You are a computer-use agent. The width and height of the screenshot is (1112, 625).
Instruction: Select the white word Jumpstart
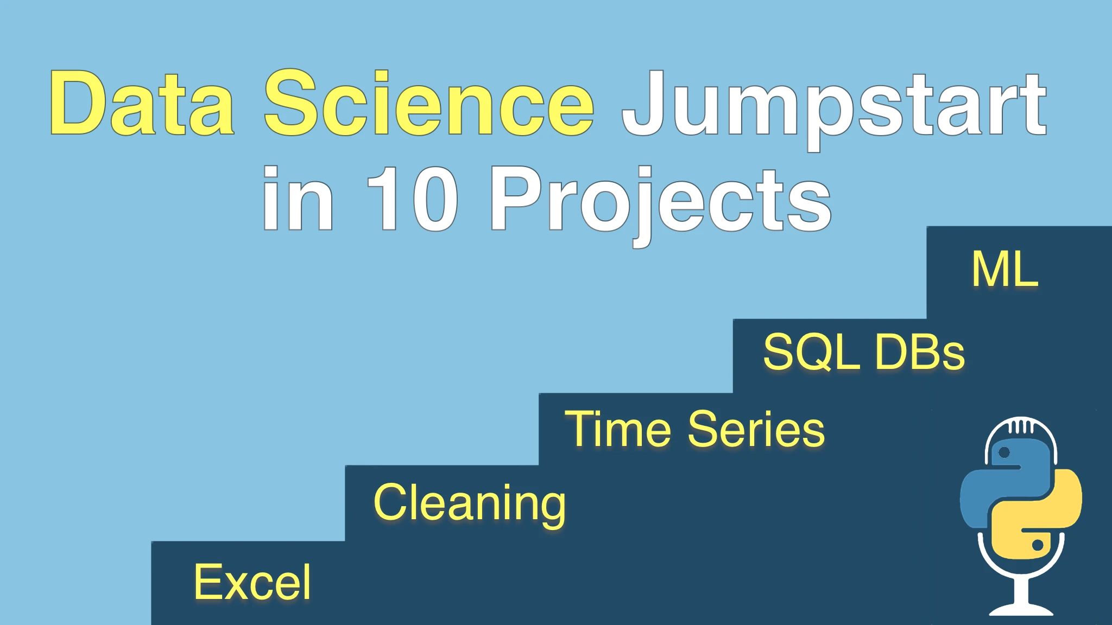click(835, 109)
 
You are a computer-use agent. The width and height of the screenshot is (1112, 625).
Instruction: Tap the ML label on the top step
click(1005, 269)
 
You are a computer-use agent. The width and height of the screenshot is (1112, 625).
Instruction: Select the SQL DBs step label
click(864, 352)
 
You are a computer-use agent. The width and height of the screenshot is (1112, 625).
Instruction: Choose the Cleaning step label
click(470, 504)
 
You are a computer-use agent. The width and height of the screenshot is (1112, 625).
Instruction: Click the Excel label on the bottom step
click(252, 582)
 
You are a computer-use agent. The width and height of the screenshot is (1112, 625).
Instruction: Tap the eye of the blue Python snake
click(1004, 452)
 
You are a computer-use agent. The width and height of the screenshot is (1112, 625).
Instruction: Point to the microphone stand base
click(1021, 608)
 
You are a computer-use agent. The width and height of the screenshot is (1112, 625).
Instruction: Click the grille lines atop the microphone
click(1021, 425)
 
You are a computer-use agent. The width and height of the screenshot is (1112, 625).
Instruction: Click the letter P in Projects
click(516, 199)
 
